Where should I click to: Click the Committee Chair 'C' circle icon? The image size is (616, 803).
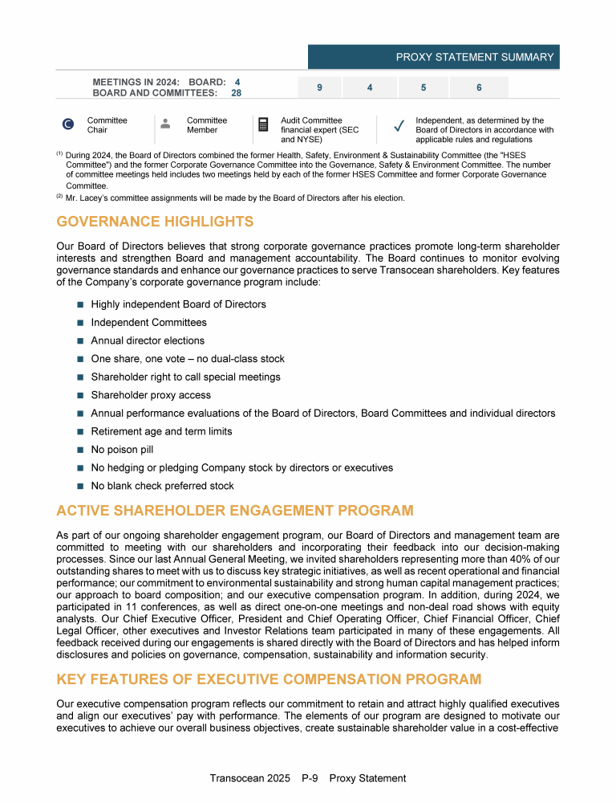click(x=69, y=124)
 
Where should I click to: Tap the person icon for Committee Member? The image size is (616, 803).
click(x=165, y=124)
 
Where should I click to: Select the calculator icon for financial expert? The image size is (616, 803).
click(x=262, y=124)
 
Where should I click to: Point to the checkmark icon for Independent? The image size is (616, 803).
click(x=399, y=124)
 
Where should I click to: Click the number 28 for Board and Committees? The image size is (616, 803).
click(x=237, y=93)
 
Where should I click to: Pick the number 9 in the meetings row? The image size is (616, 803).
click(x=319, y=88)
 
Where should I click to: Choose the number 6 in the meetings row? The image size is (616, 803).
click(x=479, y=88)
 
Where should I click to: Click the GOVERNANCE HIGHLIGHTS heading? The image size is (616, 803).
click(x=155, y=222)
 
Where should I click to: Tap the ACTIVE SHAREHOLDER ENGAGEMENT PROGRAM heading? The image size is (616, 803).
click(x=235, y=511)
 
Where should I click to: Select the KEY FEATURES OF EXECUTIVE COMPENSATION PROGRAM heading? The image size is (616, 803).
click(x=269, y=679)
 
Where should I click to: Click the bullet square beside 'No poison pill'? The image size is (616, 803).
click(x=80, y=450)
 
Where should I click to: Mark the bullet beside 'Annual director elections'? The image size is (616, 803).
click(x=80, y=341)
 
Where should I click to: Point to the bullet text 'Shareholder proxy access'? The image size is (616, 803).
click(x=151, y=395)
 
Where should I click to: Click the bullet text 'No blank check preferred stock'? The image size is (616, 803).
click(x=163, y=486)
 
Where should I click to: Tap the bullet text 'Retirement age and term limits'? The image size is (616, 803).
click(x=161, y=431)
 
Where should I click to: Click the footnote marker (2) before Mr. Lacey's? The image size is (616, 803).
click(x=59, y=197)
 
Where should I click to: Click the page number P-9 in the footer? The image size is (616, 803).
click(x=311, y=778)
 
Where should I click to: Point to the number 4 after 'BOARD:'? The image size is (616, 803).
click(x=237, y=82)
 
